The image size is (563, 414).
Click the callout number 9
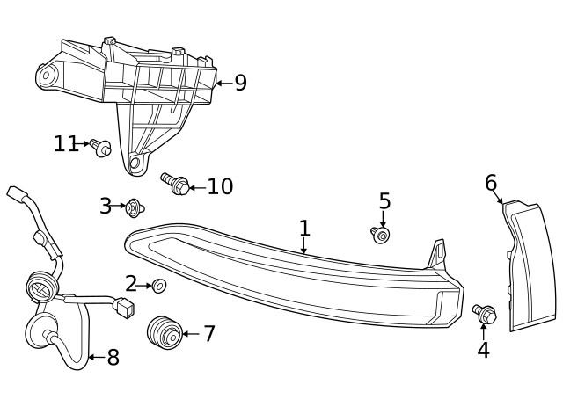pyautogui.click(x=240, y=84)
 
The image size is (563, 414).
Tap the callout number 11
pyautogui.click(x=66, y=143)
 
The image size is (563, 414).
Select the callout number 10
pyautogui.click(x=220, y=186)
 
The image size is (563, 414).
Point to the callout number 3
pyautogui.click(x=106, y=207)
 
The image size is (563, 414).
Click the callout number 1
pyautogui.click(x=304, y=229)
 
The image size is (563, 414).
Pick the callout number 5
pyautogui.click(x=384, y=201)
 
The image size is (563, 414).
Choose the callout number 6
pyautogui.click(x=491, y=183)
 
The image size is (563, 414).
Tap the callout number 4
pyautogui.click(x=483, y=349)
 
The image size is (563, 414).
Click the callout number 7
pyautogui.click(x=208, y=334)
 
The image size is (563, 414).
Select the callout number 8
pyautogui.click(x=113, y=358)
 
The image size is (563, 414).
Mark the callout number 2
pyautogui.click(x=131, y=283)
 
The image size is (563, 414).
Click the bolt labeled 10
pyautogui.click(x=175, y=184)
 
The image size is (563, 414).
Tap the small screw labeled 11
pyautogui.click(x=101, y=147)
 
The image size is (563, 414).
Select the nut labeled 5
pyautogui.click(x=381, y=235)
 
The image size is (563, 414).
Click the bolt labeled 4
pyautogui.click(x=484, y=313)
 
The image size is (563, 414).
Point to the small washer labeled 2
pyautogui.click(x=159, y=285)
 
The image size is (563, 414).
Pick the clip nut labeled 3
pyautogui.click(x=135, y=208)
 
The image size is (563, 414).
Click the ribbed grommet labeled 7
pyautogui.click(x=163, y=332)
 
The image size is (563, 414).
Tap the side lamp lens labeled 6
pyautogui.click(x=530, y=264)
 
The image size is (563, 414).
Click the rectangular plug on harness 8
pyautogui.click(x=125, y=307)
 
